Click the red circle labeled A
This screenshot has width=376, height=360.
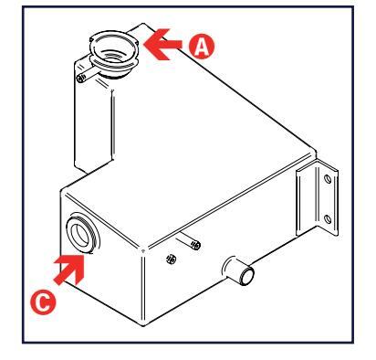pyautogui.click(x=202, y=47)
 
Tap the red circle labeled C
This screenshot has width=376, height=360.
pyautogui.click(x=43, y=302)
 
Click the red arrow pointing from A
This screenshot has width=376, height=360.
pyautogui.click(x=162, y=45)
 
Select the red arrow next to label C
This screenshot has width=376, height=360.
pyautogui.click(x=69, y=270)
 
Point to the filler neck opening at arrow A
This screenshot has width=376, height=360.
pyautogui.click(x=114, y=48)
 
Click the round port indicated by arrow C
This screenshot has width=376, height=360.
pyautogui.click(x=82, y=233)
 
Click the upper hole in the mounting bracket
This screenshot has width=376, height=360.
pyautogui.click(x=328, y=179)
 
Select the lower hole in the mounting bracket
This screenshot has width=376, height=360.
pyautogui.click(x=328, y=219)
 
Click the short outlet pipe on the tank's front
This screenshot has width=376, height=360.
pyautogui.click(x=239, y=270)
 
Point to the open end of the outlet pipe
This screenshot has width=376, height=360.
pyautogui.click(x=247, y=276)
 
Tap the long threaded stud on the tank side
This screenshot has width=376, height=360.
pyautogui.click(x=189, y=240)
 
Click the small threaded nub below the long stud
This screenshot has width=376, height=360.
pyautogui.click(x=172, y=259)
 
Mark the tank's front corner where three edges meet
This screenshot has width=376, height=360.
pyautogui.click(x=143, y=250)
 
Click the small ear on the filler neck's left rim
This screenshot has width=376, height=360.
pyautogui.click(x=91, y=39)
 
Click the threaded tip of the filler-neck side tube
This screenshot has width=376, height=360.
pyautogui.click(x=80, y=79)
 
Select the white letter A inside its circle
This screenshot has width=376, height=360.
pyautogui.click(x=202, y=47)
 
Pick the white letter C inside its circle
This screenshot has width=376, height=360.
pyautogui.click(x=44, y=302)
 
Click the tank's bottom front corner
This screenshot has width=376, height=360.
pyautogui.click(x=143, y=325)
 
